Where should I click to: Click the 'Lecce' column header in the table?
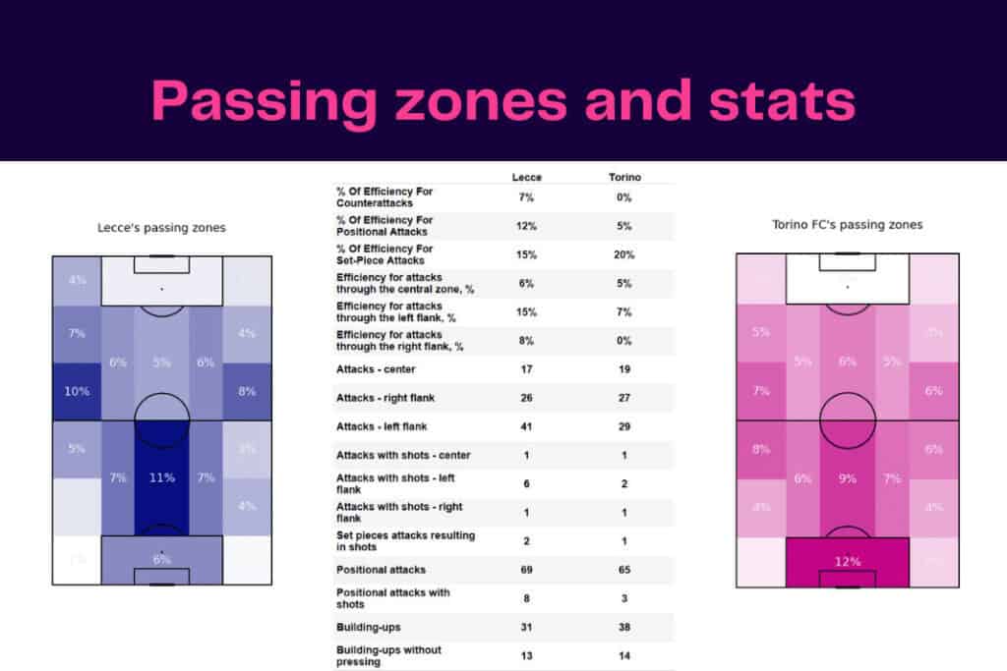tap(527, 177)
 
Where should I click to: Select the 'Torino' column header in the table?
tap(624, 177)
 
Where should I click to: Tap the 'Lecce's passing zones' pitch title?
tap(161, 227)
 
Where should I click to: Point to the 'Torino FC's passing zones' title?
tap(847, 224)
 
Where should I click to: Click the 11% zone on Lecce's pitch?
tap(162, 477)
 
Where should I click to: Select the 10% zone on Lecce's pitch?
tap(77, 391)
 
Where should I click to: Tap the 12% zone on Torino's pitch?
tap(847, 561)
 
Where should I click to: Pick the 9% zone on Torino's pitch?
tap(847, 478)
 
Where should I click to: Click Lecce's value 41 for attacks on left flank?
tap(527, 427)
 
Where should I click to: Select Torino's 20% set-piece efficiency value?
tap(624, 254)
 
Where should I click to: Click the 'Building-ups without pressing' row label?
tap(389, 655)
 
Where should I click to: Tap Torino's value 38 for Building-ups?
tap(624, 627)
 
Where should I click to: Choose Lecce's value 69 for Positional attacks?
tap(527, 570)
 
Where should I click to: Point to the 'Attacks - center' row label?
tap(377, 370)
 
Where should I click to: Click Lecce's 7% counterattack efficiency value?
tap(527, 197)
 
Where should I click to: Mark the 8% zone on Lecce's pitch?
tap(247, 391)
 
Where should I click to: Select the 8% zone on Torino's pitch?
tap(761, 450)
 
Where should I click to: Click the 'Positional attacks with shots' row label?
tap(393, 598)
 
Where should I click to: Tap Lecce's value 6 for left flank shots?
tap(527, 483)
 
